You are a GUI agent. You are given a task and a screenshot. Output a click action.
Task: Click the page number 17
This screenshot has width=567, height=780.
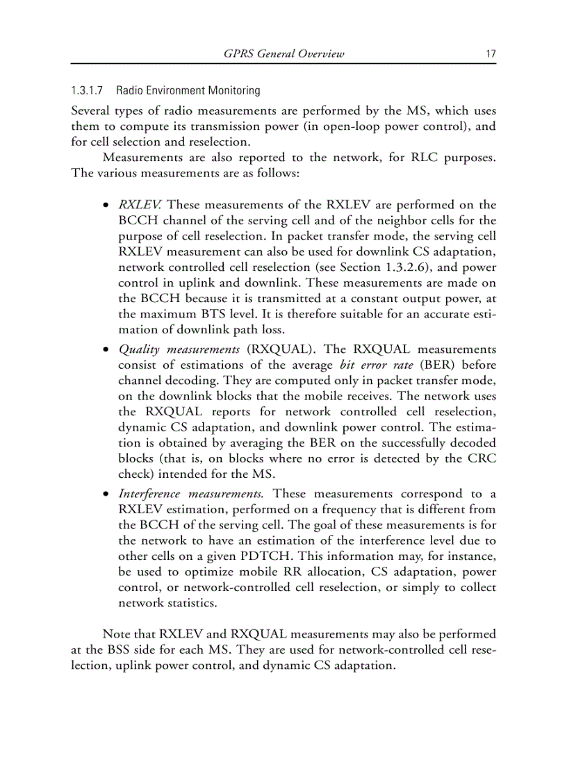click(x=491, y=54)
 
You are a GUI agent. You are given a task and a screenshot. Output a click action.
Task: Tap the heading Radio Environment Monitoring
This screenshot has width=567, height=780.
click(x=188, y=91)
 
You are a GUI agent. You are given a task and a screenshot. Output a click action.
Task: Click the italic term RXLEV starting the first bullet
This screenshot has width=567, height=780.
click(x=141, y=205)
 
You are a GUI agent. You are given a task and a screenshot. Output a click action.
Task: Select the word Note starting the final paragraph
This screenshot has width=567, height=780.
click(x=117, y=634)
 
